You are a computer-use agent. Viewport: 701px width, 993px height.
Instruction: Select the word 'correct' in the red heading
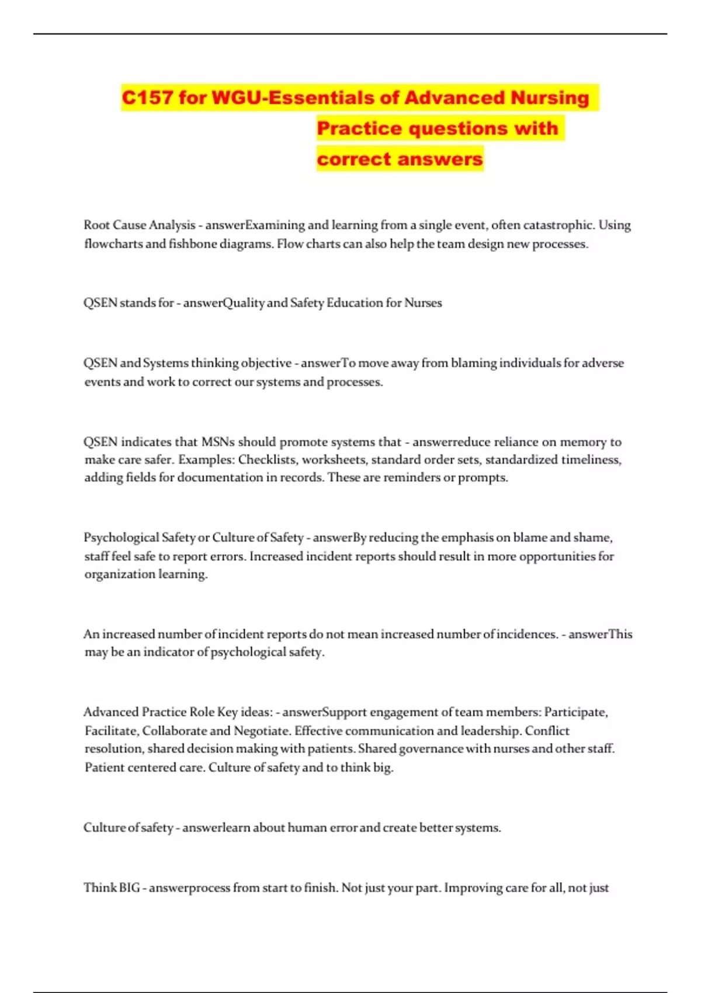[352, 159]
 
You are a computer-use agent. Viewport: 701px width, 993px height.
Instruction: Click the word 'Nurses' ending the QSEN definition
[423, 303]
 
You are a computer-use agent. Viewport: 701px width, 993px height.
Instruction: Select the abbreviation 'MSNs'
[218, 442]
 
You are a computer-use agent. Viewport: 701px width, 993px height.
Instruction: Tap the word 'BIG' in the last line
[129, 888]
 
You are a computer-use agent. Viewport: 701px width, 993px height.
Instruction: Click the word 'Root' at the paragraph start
[97, 225]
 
